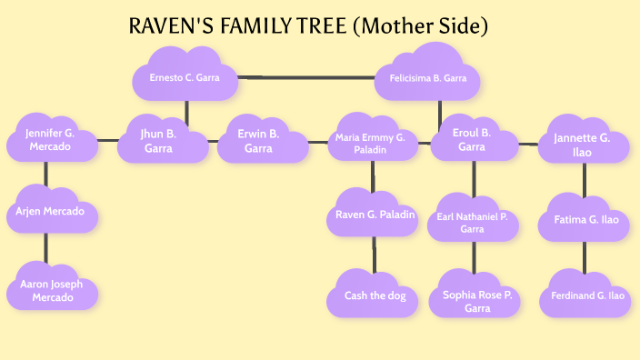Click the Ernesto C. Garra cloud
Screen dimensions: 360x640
[x=185, y=78]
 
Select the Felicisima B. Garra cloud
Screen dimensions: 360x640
[x=427, y=79]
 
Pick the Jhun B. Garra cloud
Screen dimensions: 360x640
[x=164, y=140]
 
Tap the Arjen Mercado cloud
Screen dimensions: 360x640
[x=50, y=211]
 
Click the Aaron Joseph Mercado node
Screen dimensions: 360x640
[x=51, y=290]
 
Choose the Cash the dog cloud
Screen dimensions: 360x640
[x=373, y=295]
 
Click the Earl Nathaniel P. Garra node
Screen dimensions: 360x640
[x=472, y=223]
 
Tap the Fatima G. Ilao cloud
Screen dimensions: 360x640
[x=585, y=219]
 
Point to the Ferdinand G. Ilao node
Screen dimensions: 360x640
[x=585, y=295]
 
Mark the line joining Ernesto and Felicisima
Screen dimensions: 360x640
[x=309, y=77]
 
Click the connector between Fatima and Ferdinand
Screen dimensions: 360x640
[x=585, y=257]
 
